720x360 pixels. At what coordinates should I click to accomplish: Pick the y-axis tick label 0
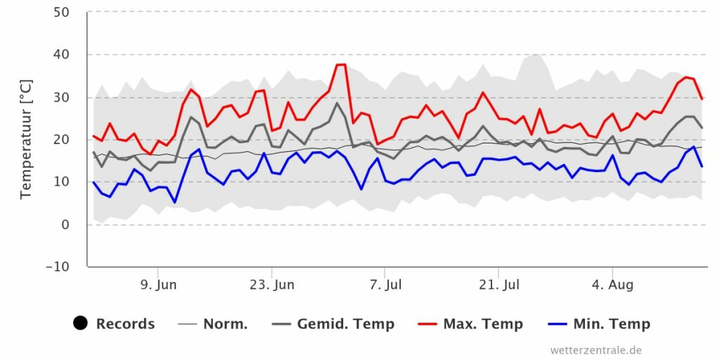point(65,224)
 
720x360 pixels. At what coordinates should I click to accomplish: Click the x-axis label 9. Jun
point(158,285)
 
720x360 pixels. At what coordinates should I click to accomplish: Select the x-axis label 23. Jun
point(272,285)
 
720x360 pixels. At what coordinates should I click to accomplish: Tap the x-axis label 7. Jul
point(385,285)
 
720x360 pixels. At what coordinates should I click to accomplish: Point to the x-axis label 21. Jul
point(499,285)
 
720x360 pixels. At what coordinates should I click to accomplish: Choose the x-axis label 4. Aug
point(612,285)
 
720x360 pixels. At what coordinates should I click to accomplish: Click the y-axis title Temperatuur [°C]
point(27,139)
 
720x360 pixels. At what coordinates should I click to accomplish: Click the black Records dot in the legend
point(80,323)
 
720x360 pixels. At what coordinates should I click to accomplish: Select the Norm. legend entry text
point(225,324)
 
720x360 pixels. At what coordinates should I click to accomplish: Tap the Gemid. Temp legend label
point(345,324)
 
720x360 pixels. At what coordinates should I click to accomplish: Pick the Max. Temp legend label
point(482,324)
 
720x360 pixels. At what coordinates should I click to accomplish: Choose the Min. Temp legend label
point(610,324)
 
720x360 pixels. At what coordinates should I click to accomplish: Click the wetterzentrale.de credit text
point(596,349)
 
